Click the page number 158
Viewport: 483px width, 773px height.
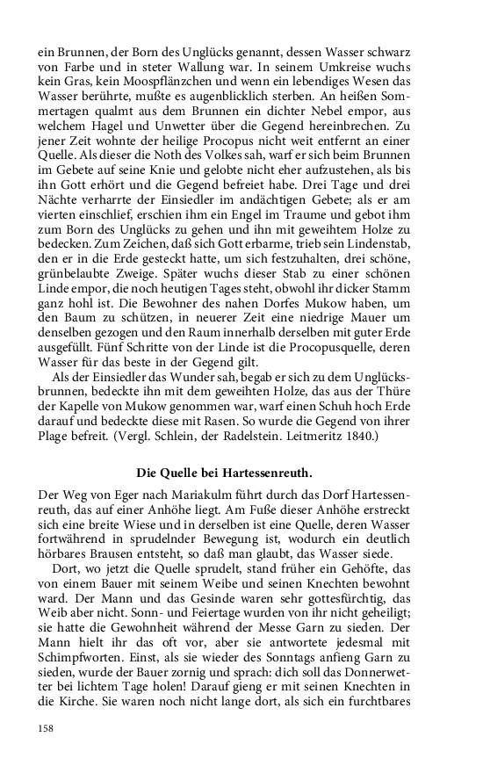[x=47, y=728]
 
